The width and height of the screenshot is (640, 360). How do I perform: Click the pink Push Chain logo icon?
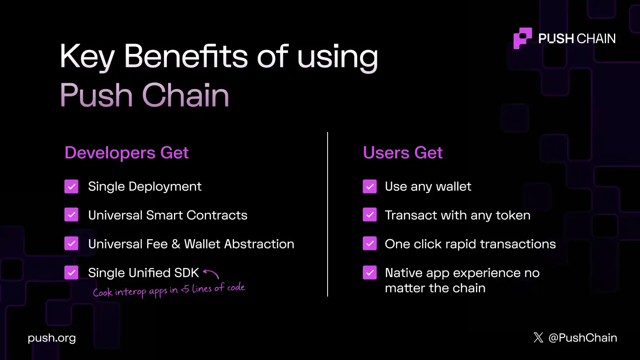[x=522, y=38]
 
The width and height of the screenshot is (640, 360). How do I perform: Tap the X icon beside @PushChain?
[x=538, y=338]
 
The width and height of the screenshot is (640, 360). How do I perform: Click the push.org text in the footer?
[x=52, y=338]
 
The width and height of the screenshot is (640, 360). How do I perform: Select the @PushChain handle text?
[x=583, y=338]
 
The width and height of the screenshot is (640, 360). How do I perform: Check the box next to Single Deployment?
[x=72, y=186]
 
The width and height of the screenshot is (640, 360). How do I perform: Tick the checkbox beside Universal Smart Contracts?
[x=72, y=215]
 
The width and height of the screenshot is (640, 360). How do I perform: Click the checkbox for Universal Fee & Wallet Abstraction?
[x=72, y=244]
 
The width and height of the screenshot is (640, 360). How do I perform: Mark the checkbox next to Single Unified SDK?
[x=72, y=273]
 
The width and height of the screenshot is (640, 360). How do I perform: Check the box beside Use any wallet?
[x=370, y=186]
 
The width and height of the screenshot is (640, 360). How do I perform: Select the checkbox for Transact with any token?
[x=370, y=215]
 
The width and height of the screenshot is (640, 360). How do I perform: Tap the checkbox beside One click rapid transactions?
[x=370, y=244]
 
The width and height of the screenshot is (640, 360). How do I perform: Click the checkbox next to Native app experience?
[x=370, y=273]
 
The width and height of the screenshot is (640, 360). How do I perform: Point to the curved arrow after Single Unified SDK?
[x=211, y=274]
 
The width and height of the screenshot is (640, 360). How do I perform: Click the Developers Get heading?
[x=126, y=153]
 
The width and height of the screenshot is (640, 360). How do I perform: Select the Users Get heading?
[x=402, y=153]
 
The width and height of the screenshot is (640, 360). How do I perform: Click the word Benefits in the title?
[x=186, y=56]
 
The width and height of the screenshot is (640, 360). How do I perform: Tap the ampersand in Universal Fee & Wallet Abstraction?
[x=176, y=244]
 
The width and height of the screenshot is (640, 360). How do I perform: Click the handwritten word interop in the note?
[x=130, y=292]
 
